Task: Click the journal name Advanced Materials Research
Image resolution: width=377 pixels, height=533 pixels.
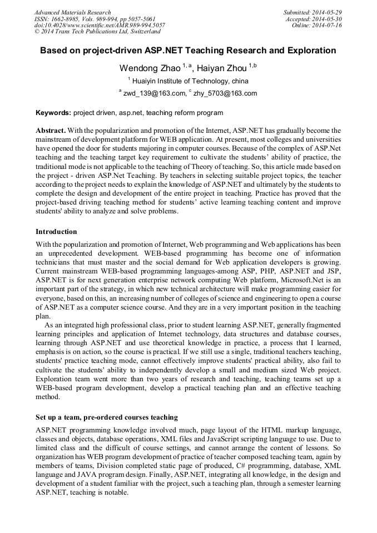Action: click(x=72, y=12)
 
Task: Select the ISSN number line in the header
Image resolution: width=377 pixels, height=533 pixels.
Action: click(x=95, y=19)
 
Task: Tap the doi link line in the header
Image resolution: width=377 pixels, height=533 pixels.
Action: click(x=100, y=26)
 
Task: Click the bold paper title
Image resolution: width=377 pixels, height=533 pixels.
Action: click(x=188, y=51)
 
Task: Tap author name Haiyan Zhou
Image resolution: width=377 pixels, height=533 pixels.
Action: click(x=219, y=68)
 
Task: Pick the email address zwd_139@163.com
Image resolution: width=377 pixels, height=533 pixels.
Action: click(x=154, y=94)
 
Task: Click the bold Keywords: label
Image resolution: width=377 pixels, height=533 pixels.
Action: click(x=53, y=113)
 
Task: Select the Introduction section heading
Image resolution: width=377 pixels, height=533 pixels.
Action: click(x=56, y=232)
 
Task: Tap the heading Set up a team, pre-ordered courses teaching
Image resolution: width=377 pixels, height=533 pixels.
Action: click(x=107, y=417)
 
